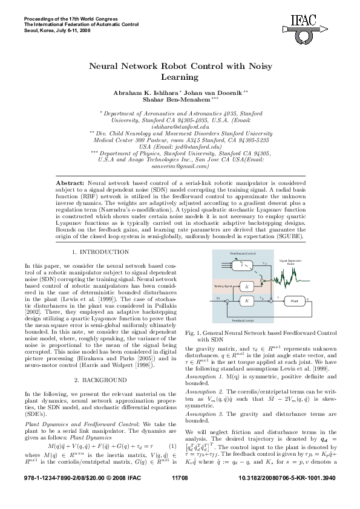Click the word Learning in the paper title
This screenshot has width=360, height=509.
click(x=180, y=77)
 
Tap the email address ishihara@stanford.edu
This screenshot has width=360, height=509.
click(x=180, y=128)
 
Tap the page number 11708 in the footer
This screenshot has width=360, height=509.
click(x=180, y=494)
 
